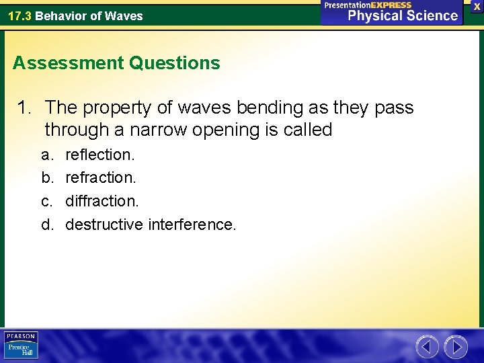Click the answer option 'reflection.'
99,155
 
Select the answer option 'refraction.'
100,177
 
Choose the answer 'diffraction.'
102,200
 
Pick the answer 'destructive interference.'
151,224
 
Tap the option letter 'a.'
47,155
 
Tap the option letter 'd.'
47,224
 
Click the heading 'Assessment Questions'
116,63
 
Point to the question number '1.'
26,108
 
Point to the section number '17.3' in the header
19,15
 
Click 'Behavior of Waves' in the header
89,15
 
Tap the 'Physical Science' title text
403,15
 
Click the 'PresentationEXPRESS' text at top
368,5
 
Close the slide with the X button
477,6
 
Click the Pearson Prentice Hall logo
22,346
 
